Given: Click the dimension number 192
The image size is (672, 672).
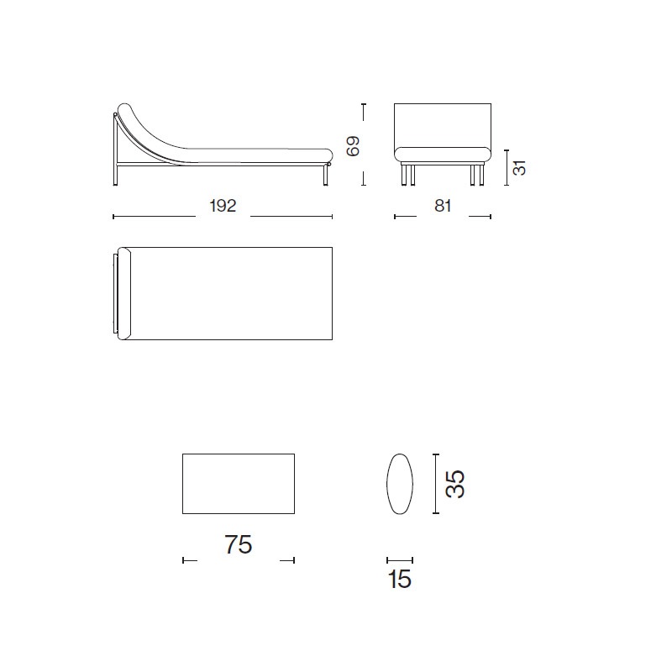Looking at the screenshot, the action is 223,206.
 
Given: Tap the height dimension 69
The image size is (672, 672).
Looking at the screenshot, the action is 353,146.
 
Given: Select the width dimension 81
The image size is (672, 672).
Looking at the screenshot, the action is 443,206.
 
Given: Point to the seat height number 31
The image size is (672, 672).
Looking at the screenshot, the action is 519,167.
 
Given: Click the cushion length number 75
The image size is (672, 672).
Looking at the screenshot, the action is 239,544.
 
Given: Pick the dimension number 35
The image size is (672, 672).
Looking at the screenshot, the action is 455,485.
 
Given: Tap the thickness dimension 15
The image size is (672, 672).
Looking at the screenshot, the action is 400,579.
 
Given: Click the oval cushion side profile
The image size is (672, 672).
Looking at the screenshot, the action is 400,484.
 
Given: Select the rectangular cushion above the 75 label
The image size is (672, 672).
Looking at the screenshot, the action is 239,484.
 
